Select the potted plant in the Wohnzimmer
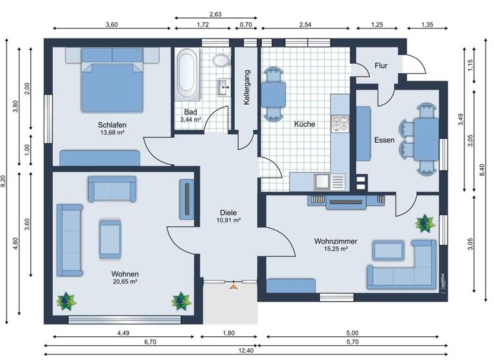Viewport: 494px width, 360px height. (424, 223)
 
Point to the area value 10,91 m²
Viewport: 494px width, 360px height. (228, 220)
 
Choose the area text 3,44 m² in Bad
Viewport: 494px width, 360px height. (191, 120)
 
